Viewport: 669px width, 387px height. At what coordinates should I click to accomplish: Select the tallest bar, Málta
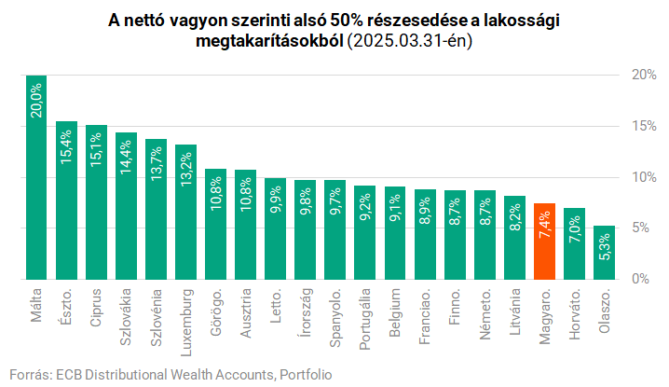pyautogui.click(x=36, y=177)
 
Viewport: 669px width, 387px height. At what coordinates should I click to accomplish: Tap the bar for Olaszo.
pyautogui.click(x=604, y=252)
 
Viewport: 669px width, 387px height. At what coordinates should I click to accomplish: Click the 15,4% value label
pyautogui.click(x=67, y=148)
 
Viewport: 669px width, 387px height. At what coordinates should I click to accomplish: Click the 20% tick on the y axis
pyautogui.click(x=642, y=75)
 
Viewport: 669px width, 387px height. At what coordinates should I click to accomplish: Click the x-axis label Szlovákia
pyautogui.click(x=127, y=315)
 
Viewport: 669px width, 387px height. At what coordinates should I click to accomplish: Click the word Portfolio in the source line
pyautogui.click(x=305, y=374)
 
